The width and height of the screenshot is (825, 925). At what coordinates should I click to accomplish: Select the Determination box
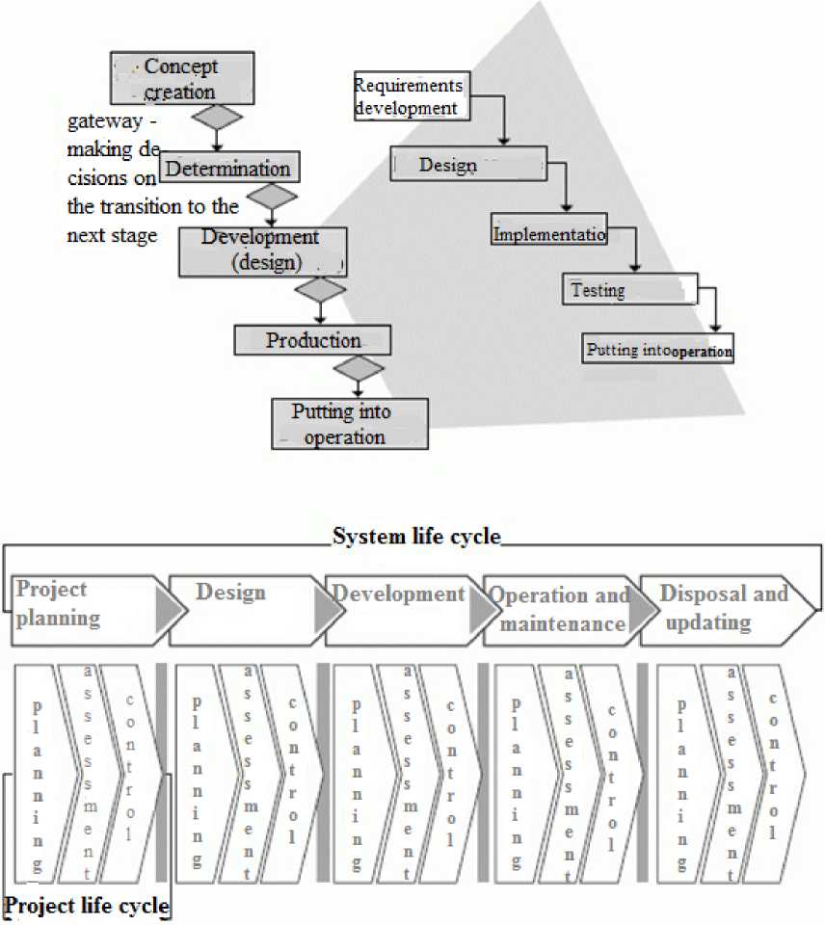(227, 168)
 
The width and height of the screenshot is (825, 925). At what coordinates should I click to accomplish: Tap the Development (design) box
(262, 250)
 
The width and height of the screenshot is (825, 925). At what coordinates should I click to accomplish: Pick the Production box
(313, 340)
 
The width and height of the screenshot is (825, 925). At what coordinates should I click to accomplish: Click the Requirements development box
(412, 96)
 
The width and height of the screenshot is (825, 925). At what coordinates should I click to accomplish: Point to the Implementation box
(549, 234)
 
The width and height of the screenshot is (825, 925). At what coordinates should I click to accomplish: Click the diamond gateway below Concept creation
(217, 118)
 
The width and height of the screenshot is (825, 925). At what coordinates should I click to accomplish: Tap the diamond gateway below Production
(359, 368)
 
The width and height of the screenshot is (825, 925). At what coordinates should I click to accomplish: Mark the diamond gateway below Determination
(273, 198)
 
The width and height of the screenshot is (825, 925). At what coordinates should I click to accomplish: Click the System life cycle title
(416, 537)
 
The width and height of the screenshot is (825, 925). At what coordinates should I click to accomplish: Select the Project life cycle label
(87, 907)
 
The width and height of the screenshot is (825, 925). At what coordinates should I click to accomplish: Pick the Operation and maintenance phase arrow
(559, 610)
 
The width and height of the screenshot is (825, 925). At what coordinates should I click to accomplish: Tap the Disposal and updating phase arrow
(723, 610)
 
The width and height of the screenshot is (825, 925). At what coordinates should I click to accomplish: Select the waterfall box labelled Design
(468, 165)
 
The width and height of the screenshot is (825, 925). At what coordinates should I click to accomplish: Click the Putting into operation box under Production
(350, 425)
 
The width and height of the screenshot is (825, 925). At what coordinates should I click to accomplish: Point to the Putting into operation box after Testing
(659, 350)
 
